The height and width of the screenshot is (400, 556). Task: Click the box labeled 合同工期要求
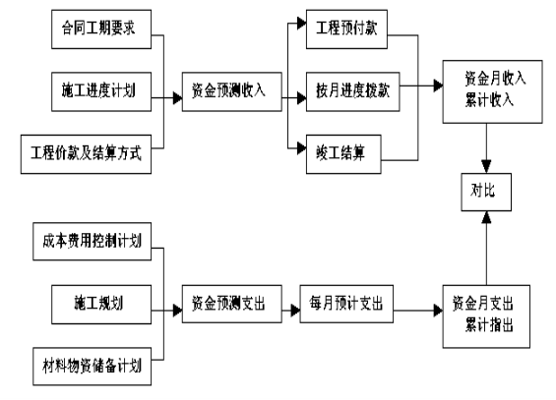pyautogui.click(x=101, y=29)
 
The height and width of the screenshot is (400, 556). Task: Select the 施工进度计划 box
pyautogui.click(x=101, y=92)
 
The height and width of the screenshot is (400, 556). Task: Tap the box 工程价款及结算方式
pyautogui.click(x=87, y=154)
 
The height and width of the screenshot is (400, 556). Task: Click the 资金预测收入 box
pyautogui.click(x=232, y=92)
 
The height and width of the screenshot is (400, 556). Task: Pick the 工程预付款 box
pyautogui.click(x=346, y=29)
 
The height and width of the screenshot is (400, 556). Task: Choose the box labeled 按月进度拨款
pyautogui.click(x=353, y=92)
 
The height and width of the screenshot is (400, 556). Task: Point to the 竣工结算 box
pyautogui.click(x=343, y=154)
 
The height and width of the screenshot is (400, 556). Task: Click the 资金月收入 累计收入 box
pyautogui.click(x=493, y=91)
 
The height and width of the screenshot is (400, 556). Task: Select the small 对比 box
pyautogui.click(x=486, y=193)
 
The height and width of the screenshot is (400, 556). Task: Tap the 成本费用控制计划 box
pyautogui.click(x=93, y=242)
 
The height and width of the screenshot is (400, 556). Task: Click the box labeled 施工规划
pyautogui.click(x=101, y=305)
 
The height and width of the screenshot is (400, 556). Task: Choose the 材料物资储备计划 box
pyautogui.click(x=93, y=367)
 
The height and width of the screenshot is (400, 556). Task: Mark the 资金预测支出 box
pyautogui.click(x=232, y=304)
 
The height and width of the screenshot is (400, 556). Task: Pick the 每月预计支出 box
pyautogui.click(x=346, y=304)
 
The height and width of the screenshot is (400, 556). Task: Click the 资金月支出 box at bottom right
pyautogui.click(x=486, y=316)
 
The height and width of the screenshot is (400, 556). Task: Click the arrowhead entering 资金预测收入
pyautogui.click(x=178, y=98)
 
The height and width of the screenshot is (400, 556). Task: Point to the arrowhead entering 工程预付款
pyautogui.click(x=302, y=23)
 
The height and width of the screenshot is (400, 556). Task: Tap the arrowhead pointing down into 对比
pyautogui.click(x=486, y=166)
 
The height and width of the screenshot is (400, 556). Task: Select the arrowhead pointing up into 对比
pyautogui.click(x=486, y=217)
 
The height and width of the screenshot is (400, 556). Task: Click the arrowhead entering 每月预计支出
pyautogui.click(x=295, y=311)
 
